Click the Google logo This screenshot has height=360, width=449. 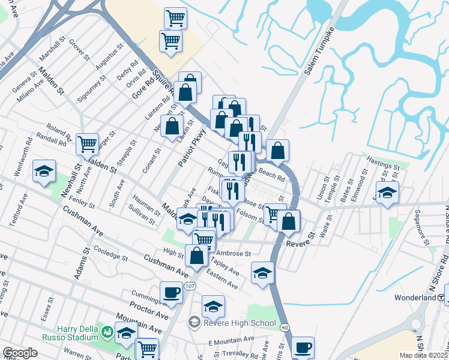click(20, 353)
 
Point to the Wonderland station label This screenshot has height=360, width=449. click(418, 298)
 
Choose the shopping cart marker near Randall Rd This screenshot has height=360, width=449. click(88, 144)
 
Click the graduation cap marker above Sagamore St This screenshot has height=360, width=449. click(387, 193)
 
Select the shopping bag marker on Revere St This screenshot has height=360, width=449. click(289, 221)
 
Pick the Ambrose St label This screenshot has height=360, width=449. click(233, 254)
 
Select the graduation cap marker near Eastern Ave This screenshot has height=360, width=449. click(262, 274)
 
